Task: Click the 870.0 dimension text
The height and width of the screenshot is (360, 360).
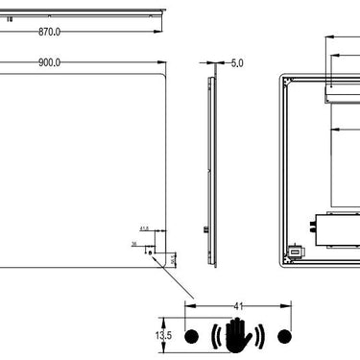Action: (49, 32)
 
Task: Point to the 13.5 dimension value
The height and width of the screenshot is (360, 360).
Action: (163, 336)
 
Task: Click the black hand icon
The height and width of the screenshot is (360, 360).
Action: (237, 335)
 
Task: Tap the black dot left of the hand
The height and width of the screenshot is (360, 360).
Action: (190, 336)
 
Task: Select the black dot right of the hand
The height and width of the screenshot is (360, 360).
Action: (283, 336)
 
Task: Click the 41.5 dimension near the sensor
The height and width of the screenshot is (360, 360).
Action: (145, 228)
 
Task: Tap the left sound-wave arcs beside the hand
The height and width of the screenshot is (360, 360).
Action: (216, 336)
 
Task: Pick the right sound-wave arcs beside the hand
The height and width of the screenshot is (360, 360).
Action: (258, 336)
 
